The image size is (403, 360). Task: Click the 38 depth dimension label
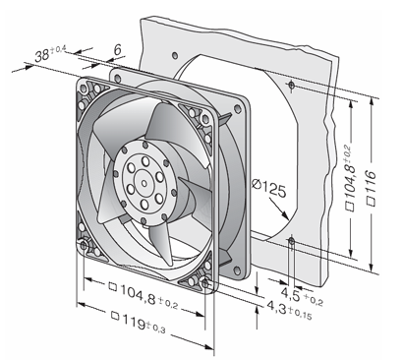pyautogui.click(x=50, y=53)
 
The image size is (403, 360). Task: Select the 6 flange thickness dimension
pyautogui.click(x=117, y=49)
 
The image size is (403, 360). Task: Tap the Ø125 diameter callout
pyautogui.click(x=268, y=188)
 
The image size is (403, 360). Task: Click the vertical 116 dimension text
pyautogui.click(x=371, y=188)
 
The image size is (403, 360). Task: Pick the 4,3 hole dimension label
pyautogui.click(x=289, y=310)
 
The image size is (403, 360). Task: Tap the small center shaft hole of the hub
pyautogui.click(x=144, y=183)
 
